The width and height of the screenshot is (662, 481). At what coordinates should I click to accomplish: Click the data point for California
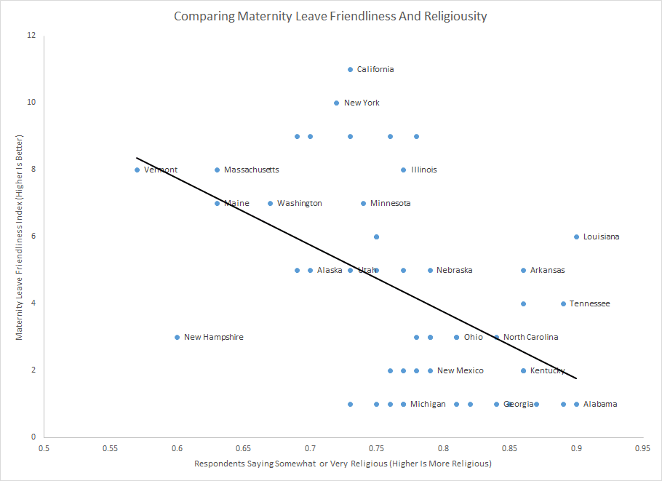(350, 70)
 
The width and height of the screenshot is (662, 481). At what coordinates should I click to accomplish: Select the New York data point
(336, 103)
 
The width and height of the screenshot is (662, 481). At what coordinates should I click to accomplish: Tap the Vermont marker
(137, 170)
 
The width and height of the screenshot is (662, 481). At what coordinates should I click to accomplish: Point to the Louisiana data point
(576, 237)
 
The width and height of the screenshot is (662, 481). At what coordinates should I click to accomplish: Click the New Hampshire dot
(177, 338)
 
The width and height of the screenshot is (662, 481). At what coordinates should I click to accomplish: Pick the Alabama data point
(576, 405)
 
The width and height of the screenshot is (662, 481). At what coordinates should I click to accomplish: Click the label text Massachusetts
(251, 170)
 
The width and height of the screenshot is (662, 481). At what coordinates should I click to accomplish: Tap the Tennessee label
(589, 304)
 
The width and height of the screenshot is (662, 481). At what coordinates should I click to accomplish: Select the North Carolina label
(530, 338)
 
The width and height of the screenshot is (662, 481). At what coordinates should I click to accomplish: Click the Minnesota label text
(390, 204)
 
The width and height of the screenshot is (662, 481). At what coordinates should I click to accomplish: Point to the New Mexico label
(460, 371)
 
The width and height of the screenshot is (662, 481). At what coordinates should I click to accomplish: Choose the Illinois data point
(403, 170)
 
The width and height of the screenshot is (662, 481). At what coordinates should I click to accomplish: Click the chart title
(331, 16)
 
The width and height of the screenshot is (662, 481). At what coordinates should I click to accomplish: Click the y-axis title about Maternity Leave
(20, 236)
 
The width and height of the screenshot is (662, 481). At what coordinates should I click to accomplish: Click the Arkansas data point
(523, 271)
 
